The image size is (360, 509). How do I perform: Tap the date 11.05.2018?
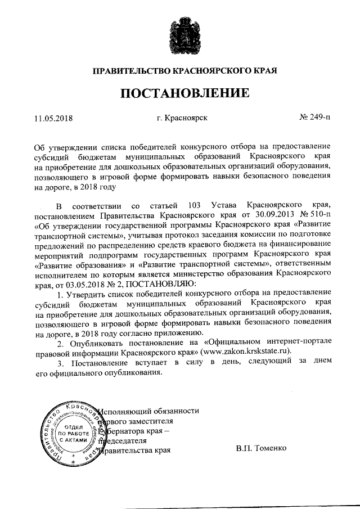click(53, 119)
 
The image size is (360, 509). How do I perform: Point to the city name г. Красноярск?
click(183, 119)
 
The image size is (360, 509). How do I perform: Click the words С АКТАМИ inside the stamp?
click(70, 441)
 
